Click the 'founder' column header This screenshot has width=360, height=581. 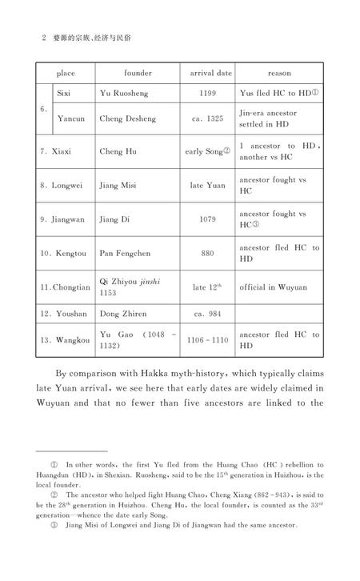(137, 73)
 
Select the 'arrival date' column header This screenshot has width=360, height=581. (210, 73)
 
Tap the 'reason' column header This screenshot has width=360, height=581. (279, 73)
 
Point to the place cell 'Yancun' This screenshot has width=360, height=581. (72, 118)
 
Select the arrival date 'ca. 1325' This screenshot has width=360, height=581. (208, 118)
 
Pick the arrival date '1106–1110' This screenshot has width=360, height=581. (209, 340)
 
